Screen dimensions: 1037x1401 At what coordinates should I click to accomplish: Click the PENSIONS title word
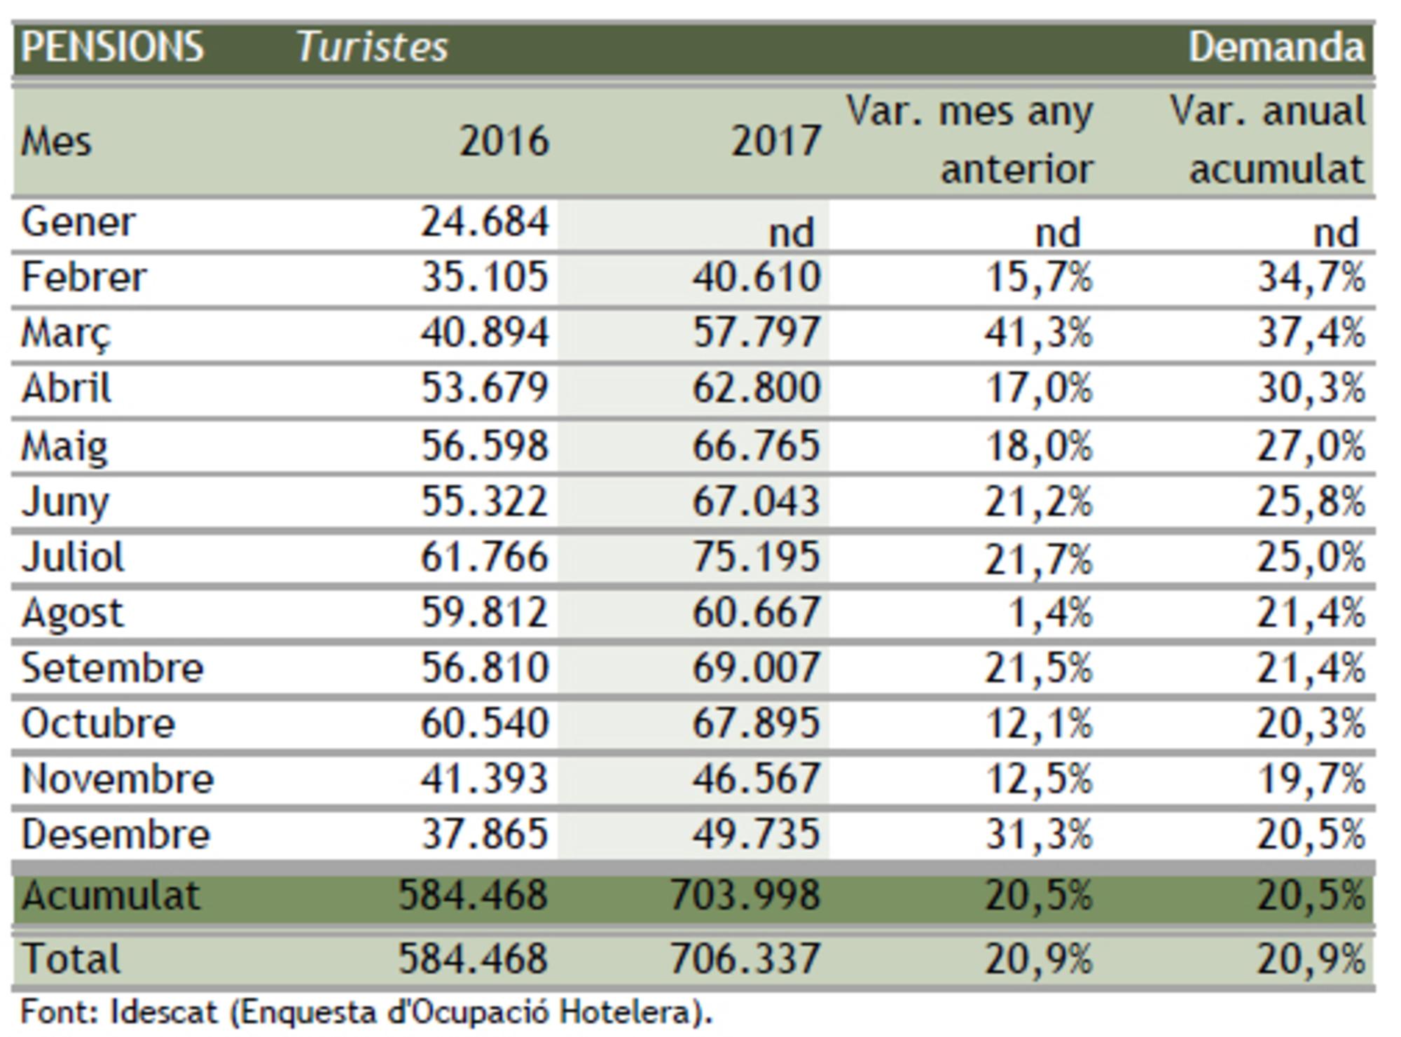112,48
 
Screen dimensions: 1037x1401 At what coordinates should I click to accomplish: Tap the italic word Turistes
372,48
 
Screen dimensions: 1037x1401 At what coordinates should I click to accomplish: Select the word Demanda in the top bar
1276,48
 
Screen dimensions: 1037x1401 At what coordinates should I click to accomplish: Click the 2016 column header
504,141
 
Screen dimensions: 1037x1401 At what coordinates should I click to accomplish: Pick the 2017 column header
775,141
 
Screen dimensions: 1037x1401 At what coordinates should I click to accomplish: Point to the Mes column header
56,142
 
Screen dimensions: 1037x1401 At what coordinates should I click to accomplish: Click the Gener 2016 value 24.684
484,223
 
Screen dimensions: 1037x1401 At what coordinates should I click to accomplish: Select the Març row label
66,333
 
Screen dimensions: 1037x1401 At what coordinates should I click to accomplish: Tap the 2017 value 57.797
756,333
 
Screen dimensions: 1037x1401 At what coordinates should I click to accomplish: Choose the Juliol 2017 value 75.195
756,557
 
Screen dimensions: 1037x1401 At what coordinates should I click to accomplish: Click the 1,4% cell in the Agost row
1049,613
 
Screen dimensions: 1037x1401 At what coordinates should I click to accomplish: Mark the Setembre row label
112,668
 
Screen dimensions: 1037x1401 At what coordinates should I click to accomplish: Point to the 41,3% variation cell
1038,333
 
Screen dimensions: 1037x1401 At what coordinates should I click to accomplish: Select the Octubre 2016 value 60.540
484,723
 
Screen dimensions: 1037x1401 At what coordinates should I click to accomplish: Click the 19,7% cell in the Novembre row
1311,779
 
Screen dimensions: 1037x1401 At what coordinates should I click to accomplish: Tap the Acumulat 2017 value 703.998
745,895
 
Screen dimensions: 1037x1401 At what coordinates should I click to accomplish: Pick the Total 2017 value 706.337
745,959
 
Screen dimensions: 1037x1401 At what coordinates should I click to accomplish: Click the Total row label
71,959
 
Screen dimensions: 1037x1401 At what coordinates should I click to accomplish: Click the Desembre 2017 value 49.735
756,834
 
